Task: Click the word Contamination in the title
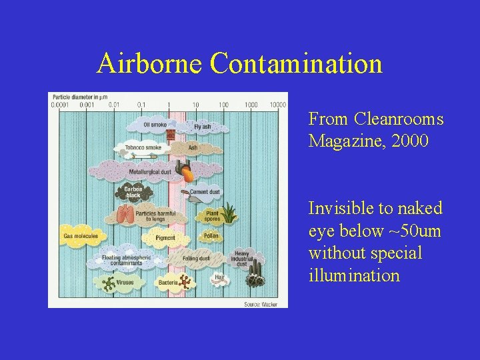(295, 64)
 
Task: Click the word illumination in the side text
(354, 275)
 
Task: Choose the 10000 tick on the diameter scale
(277, 105)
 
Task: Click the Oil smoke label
(155, 125)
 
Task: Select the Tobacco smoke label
(143, 147)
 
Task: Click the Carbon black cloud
(133, 192)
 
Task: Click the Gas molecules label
(81, 235)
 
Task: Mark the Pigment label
(165, 237)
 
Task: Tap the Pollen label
(211, 235)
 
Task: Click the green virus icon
(107, 283)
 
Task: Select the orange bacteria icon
(184, 283)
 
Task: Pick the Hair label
(219, 276)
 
